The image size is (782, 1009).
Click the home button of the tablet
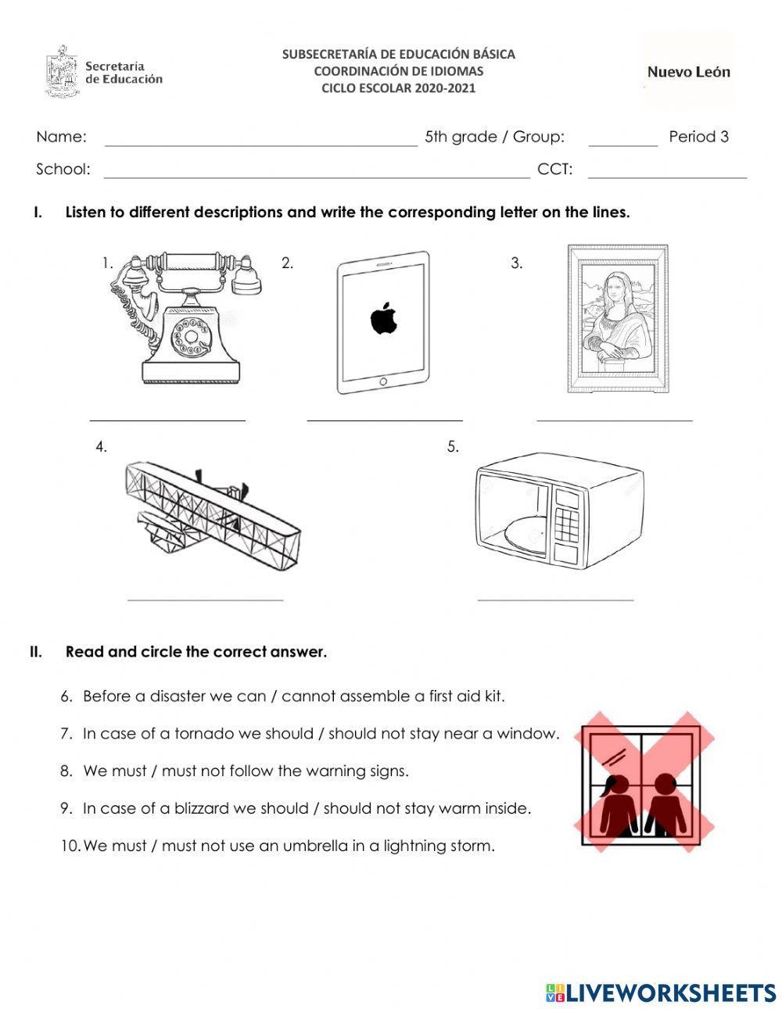382,381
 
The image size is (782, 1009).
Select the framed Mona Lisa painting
617,319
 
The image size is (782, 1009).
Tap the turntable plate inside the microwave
526,535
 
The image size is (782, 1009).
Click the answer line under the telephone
168,420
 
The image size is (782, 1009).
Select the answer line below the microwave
555,600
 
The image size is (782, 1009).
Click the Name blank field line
260,145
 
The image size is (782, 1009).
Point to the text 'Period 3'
698,137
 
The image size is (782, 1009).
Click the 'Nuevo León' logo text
688,72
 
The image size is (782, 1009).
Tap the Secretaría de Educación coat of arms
63,73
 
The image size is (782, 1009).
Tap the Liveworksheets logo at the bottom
661,993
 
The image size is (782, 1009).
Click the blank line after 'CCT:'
667,177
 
